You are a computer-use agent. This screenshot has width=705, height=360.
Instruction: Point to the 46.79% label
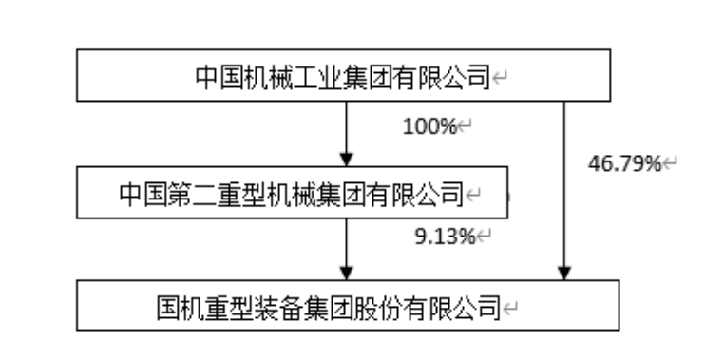(x=625, y=164)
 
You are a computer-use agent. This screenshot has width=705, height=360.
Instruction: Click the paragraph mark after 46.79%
(x=670, y=164)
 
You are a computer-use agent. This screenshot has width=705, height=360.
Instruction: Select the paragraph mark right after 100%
(x=466, y=124)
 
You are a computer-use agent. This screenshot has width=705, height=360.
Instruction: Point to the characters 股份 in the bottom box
(x=398, y=307)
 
